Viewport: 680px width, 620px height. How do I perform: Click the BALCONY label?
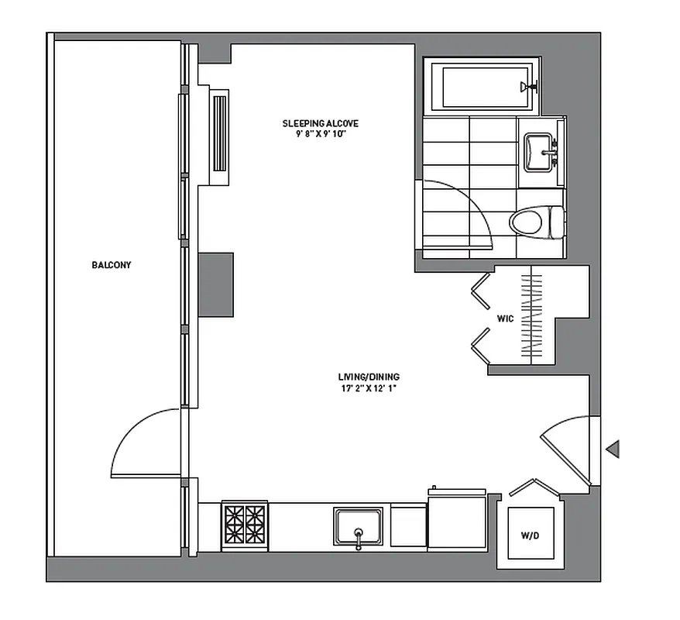[x=112, y=265]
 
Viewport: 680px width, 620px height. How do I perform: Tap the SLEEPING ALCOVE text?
[x=320, y=123]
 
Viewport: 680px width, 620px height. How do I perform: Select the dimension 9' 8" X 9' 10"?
[x=320, y=133]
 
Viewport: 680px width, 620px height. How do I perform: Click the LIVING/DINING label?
[x=363, y=377]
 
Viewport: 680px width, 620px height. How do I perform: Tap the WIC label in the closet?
[x=505, y=319]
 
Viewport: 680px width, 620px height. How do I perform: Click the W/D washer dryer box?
[x=531, y=534]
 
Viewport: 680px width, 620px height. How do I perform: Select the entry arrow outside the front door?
[x=613, y=448]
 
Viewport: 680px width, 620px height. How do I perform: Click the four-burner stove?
[x=244, y=526]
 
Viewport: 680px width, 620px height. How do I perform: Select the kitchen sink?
[x=358, y=527]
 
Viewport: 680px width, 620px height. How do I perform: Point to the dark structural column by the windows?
[x=216, y=284]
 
